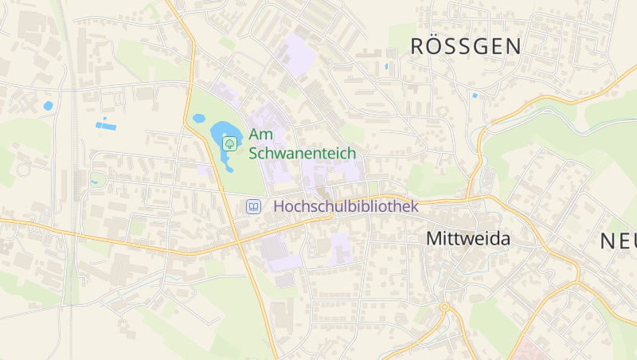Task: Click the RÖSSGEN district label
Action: click(466, 46)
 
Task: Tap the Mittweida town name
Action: click(468, 238)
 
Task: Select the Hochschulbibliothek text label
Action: click(346, 206)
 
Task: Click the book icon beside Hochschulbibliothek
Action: click(253, 206)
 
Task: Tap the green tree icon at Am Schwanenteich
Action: click(230, 143)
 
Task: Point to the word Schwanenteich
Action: click(302, 152)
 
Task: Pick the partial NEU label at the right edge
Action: click(618, 241)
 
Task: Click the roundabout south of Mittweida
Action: click(444, 307)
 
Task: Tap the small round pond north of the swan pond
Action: click(199, 119)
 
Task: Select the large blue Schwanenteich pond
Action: click(222, 135)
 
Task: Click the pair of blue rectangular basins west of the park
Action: click(105, 124)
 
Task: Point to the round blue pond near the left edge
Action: click(49, 105)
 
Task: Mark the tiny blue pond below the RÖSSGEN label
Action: click(475, 96)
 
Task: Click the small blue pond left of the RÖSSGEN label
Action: click(387, 66)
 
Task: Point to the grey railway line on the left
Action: click(72, 159)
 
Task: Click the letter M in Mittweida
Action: click(435, 238)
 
